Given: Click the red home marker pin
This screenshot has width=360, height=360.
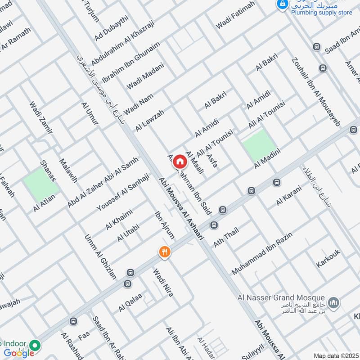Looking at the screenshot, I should (179, 161).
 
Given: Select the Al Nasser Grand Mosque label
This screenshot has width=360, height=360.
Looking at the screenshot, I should (281, 298).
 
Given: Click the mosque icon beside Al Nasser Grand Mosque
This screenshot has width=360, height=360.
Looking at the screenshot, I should (333, 303).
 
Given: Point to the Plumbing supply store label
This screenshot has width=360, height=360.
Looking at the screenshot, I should (321, 13).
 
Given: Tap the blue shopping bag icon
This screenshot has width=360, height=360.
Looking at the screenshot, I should (282, 4).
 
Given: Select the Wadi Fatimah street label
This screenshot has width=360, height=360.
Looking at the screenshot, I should (235, 15).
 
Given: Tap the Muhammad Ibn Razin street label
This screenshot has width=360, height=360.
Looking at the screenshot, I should (262, 253).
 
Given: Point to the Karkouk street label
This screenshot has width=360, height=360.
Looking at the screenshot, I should (328, 256).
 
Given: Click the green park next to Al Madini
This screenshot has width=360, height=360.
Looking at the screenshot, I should (259, 144).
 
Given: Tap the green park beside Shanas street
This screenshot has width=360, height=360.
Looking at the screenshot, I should (40, 184).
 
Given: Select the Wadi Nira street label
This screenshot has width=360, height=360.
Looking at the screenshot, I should (163, 285).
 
